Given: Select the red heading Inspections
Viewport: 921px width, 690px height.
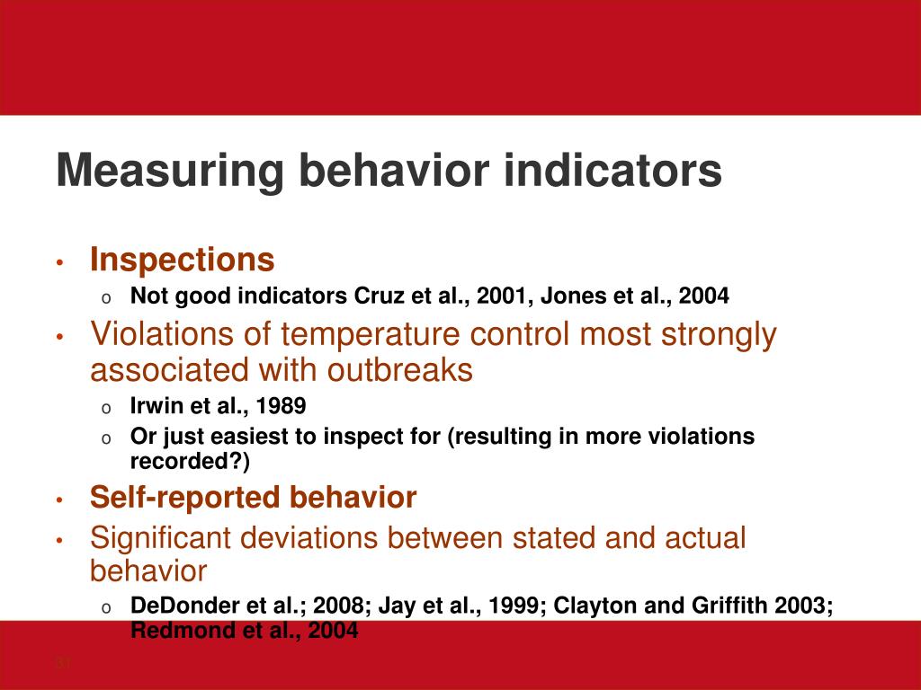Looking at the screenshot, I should [x=182, y=261].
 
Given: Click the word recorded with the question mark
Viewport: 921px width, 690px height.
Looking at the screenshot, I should [x=191, y=461].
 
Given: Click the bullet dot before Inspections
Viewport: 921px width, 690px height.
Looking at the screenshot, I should [x=59, y=263].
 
